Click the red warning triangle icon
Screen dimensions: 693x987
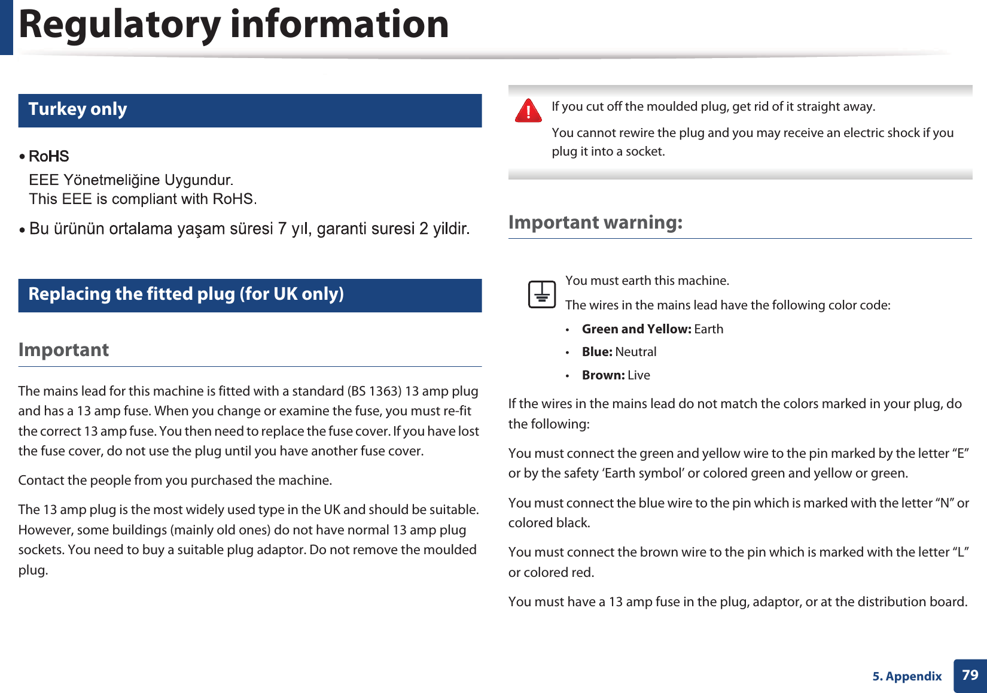pos(528,111)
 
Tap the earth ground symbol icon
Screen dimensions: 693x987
pos(542,294)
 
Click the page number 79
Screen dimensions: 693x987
pos(970,675)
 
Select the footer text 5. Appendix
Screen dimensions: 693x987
pos(907,676)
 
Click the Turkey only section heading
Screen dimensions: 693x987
pos(78,110)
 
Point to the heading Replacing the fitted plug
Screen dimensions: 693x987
pos(186,294)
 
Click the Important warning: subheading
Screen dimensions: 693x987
pos(595,223)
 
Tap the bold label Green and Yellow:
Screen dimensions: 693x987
pos(636,329)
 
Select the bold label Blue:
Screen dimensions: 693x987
pos(597,352)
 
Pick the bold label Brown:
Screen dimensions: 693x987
pos(603,375)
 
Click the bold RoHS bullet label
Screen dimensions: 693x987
pos(49,157)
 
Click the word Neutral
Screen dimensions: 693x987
pos(636,352)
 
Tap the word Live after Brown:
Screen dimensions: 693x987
pos(639,375)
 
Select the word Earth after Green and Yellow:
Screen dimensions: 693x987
pos(709,329)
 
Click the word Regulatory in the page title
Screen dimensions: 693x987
pos(120,25)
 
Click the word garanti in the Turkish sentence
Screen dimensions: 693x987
pos(342,229)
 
